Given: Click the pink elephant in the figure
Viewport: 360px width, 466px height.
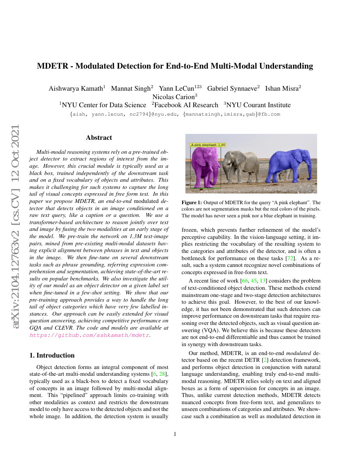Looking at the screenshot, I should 205,166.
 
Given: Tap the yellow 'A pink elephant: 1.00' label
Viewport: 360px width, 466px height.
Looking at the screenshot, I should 208,145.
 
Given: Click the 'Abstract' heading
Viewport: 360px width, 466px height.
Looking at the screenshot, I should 99,138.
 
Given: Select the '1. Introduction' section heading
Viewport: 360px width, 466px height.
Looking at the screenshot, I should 55,355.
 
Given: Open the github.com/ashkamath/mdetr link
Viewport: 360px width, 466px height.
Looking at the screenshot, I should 89,335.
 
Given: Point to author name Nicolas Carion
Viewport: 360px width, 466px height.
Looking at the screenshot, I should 172,97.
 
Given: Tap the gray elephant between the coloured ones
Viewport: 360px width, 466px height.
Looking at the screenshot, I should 242,166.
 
